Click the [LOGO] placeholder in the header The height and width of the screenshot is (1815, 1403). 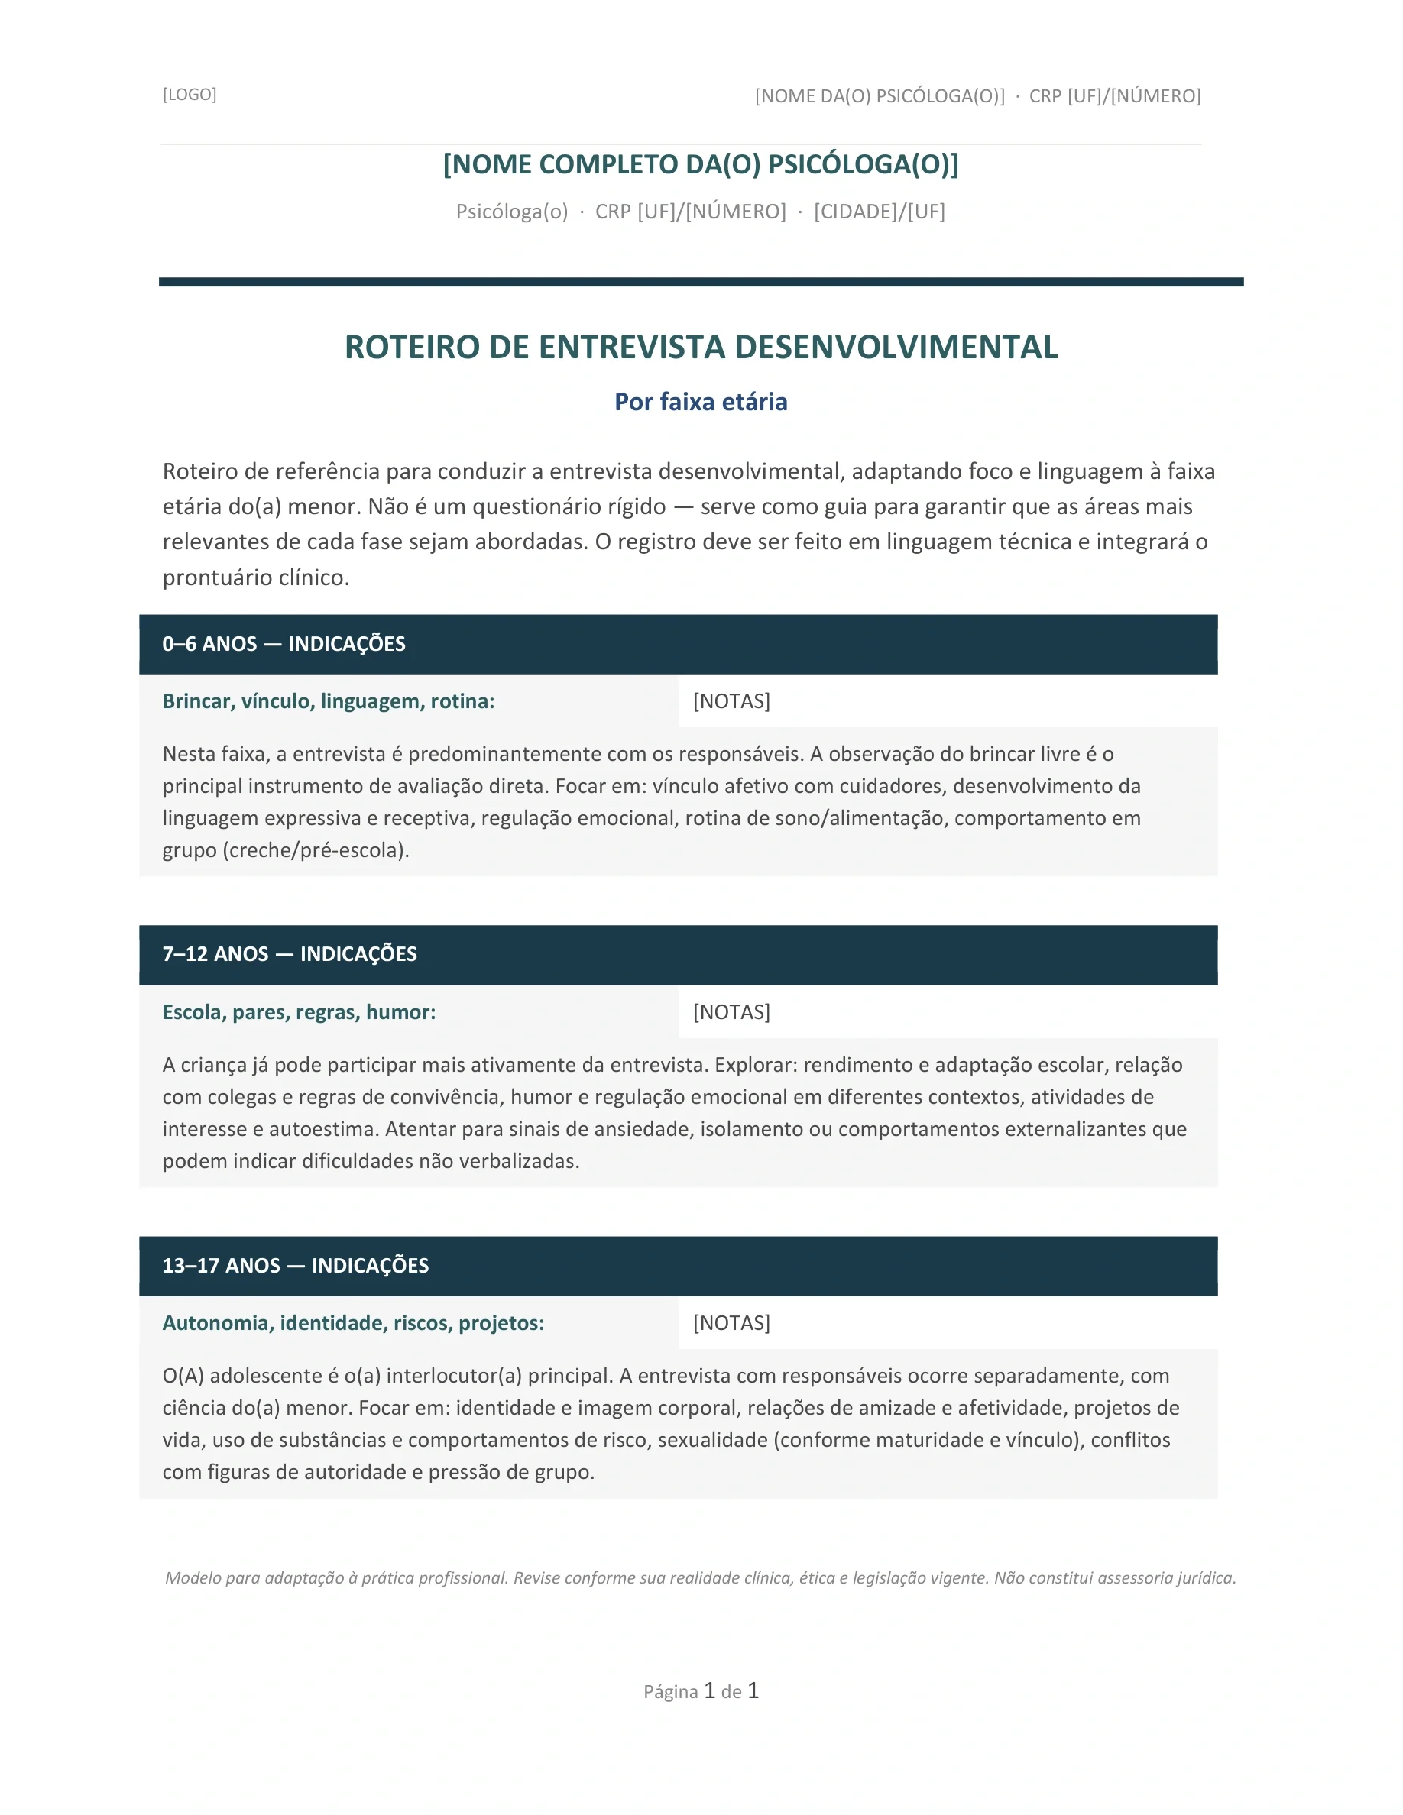[x=190, y=95]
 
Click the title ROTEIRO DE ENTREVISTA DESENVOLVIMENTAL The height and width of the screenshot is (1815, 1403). [x=701, y=348]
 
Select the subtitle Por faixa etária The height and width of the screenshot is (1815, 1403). [x=701, y=403]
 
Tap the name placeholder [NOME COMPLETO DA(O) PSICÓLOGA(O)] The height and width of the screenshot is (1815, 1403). [x=701, y=164]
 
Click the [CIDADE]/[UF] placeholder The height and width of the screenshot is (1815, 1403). [x=880, y=212]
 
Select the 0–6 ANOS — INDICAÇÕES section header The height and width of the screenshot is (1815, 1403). [x=284, y=644]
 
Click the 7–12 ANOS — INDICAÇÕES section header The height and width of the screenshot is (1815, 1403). [x=290, y=954]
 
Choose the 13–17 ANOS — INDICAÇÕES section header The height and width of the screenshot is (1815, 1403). [x=296, y=1266]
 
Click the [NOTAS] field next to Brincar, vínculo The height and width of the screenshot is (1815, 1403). [x=731, y=701]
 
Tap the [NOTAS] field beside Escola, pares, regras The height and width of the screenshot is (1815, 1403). [x=731, y=1012]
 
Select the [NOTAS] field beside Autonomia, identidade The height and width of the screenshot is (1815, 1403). [x=731, y=1323]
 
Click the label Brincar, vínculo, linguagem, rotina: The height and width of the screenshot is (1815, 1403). [x=329, y=701]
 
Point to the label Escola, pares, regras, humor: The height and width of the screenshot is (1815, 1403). [x=300, y=1012]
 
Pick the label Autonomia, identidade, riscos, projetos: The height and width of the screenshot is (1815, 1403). [x=353, y=1323]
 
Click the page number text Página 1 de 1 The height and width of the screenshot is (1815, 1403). [x=701, y=1691]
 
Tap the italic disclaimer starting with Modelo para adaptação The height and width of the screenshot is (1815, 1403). [x=701, y=1578]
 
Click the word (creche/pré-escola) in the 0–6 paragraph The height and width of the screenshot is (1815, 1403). [x=316, y=850]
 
